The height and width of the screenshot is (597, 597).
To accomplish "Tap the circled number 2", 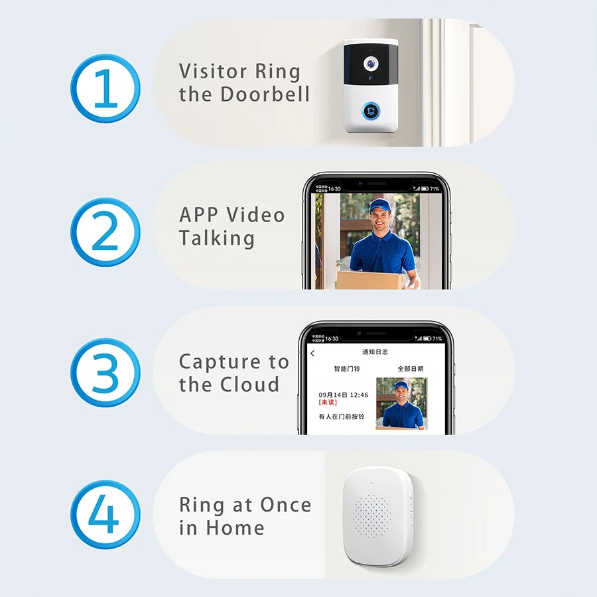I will click(105, 232).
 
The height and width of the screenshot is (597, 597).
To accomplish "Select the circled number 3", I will click(105, 373).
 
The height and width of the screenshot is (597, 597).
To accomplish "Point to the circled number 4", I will click(105, 516).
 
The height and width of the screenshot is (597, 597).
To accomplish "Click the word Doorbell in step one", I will click(265, 94).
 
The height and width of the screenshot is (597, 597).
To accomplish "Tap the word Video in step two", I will click(255, 215).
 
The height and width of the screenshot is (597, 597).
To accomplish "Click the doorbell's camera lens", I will click(370, 63).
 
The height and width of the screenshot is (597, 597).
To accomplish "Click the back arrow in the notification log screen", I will click(312, 354).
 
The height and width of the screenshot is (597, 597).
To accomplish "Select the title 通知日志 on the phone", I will click(375, 352).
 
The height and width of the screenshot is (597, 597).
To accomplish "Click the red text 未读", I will click(328, 403).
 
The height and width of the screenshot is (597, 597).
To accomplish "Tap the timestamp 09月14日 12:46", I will click(343, 395).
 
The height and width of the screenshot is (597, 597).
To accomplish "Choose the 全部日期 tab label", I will click(410, 369).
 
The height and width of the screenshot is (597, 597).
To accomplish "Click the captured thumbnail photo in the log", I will click(401, 404).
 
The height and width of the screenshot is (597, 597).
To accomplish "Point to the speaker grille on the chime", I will click(373, 515).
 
